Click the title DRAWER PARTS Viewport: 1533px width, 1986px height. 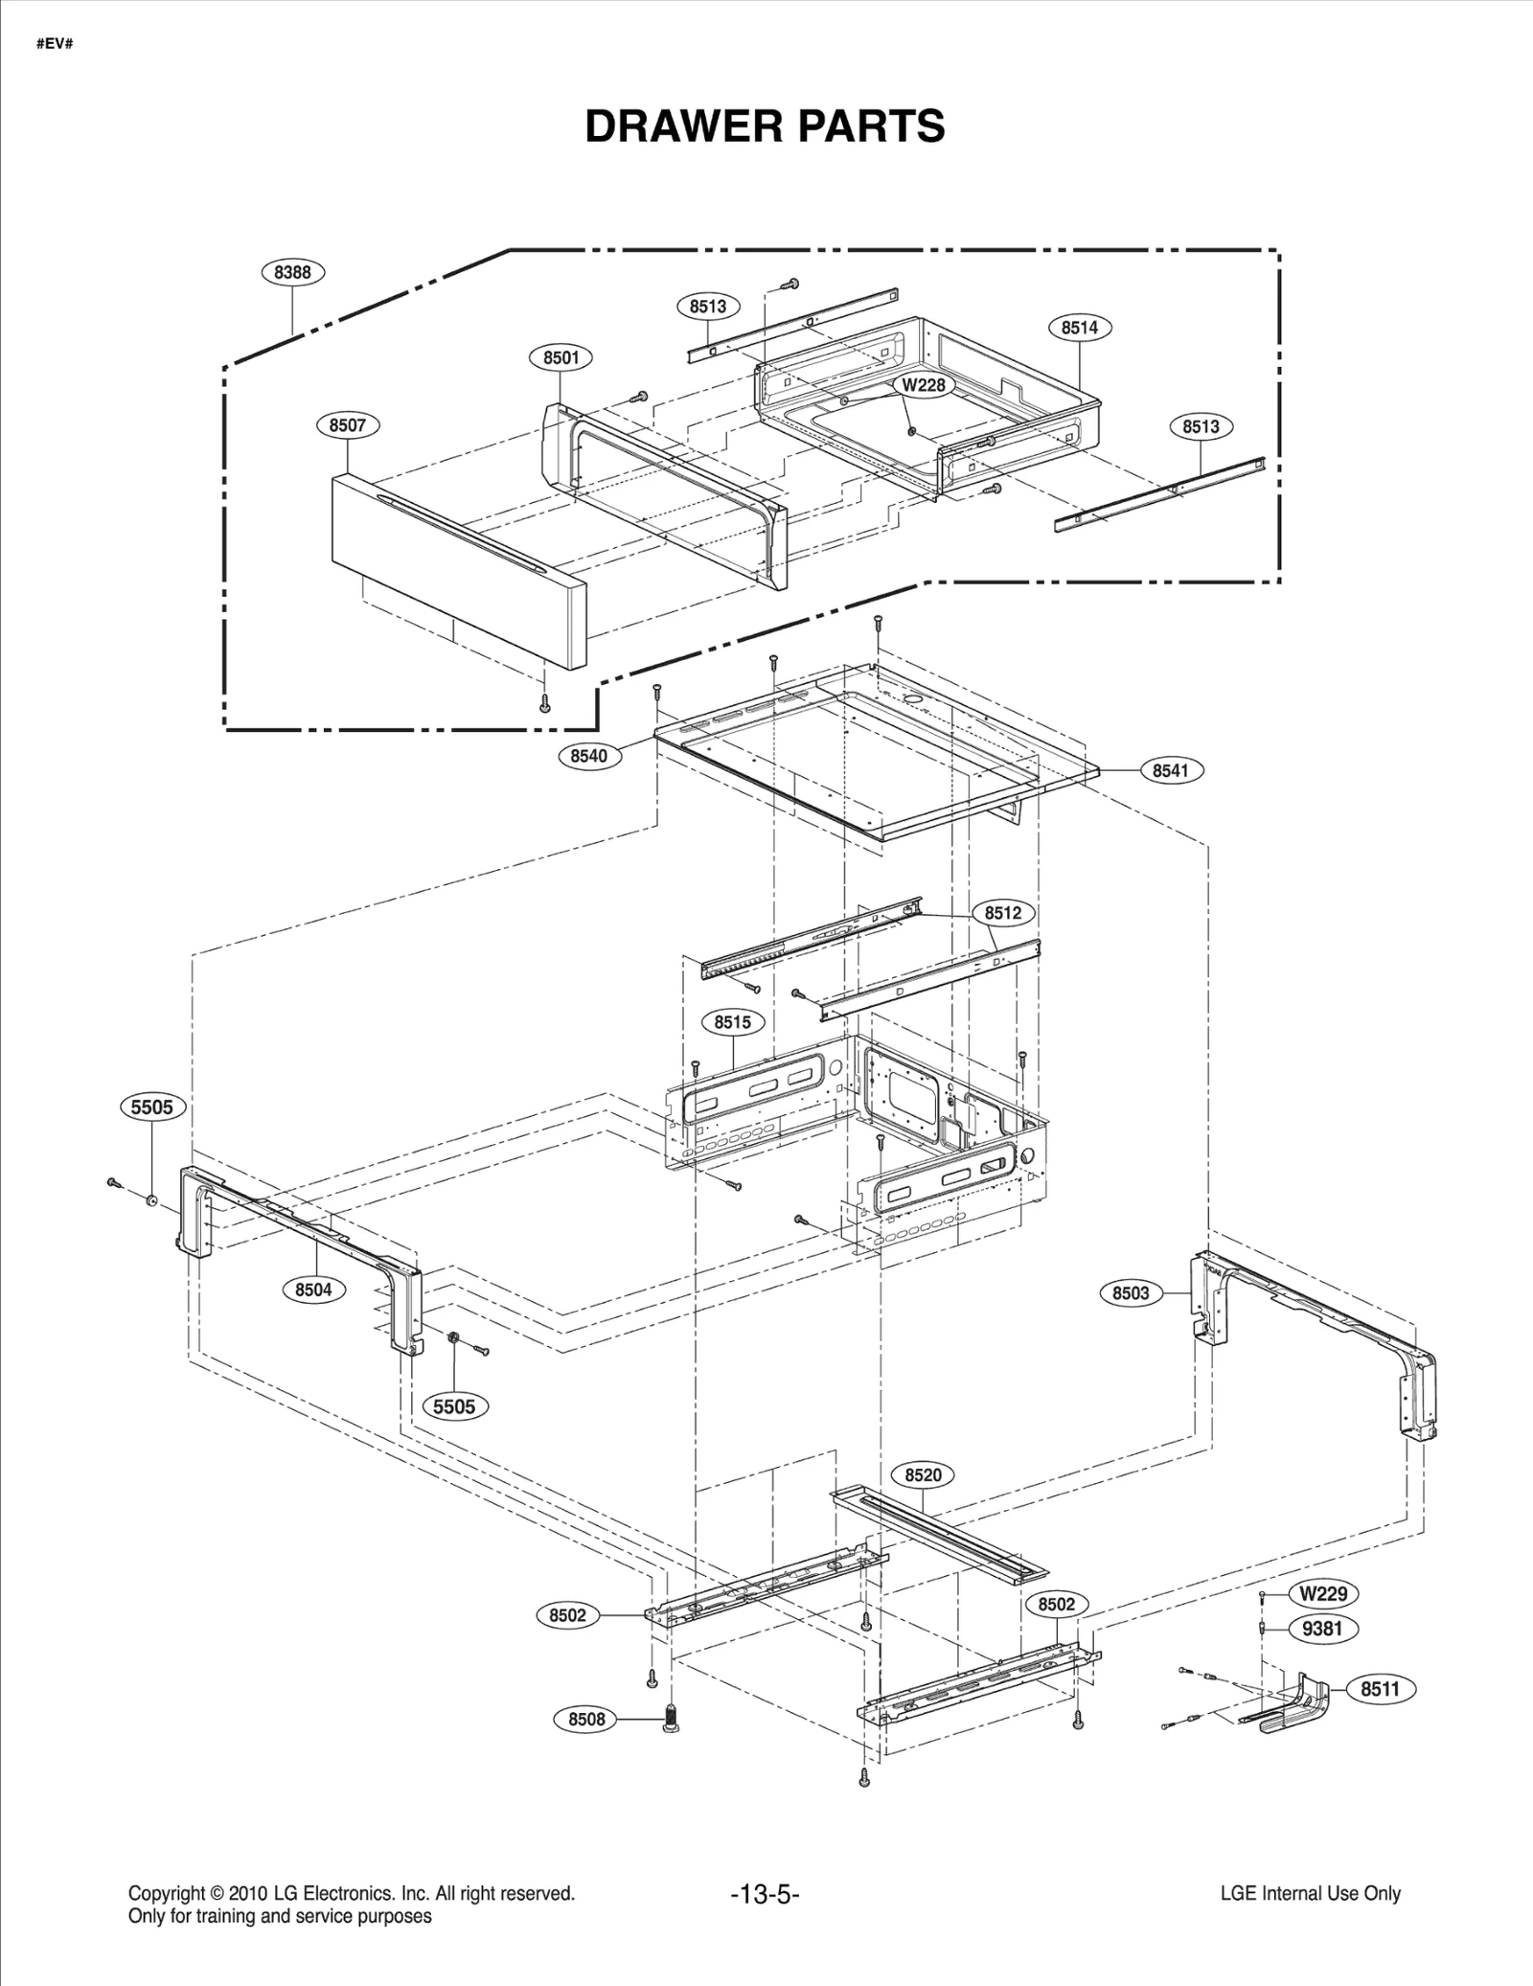(x=765, y=126)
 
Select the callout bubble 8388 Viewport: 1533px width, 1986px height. (x=292, y=272)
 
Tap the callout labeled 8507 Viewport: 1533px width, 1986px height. (x=348, y=425)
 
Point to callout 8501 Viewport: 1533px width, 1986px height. (x=561, y=358)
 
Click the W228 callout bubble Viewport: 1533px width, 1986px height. (x=924, y=385)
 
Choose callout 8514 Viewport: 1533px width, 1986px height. (x=1079, y=328)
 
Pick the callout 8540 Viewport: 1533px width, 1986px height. (x=588, y=756)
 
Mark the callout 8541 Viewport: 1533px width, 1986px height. (x=1171, y=770)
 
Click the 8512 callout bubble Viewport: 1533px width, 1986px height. (x=1003, y=913)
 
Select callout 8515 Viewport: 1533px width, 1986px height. (x=732, y=1022)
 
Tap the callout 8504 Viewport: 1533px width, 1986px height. (x=313, y=1290)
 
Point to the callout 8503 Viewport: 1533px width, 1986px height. (x=1131, y=1293)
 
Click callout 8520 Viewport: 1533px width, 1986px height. (x=923, y=1475)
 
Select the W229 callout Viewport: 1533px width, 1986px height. (x=1323, y=1593)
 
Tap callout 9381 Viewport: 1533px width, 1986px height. (x=1323, y=1628)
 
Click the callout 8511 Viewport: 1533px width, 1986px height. (x=1380, y=1689)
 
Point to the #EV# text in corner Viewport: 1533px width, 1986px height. (x=55, y=45)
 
